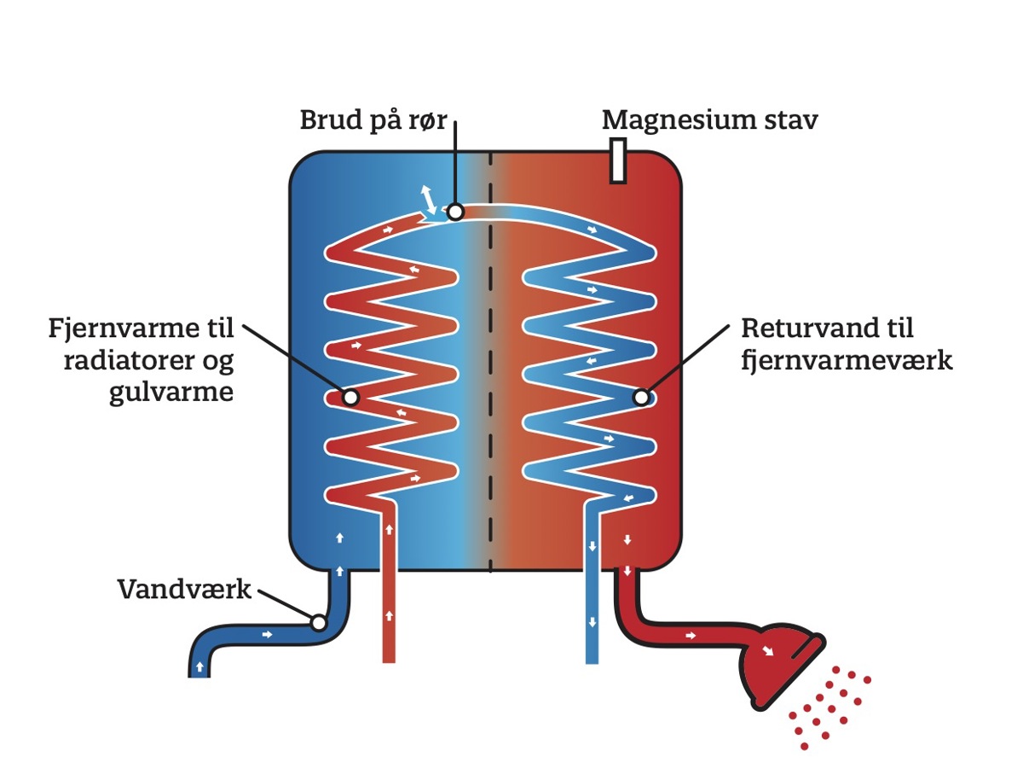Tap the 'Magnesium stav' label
coord(709,120)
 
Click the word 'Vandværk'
coord(185,589)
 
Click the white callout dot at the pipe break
coord(455,211)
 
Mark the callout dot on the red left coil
coord(350,397)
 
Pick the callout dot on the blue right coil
coord(641,397)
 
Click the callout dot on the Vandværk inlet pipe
coord(318,623)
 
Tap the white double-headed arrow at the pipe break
coord(429,200)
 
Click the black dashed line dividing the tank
coord(491,358)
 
